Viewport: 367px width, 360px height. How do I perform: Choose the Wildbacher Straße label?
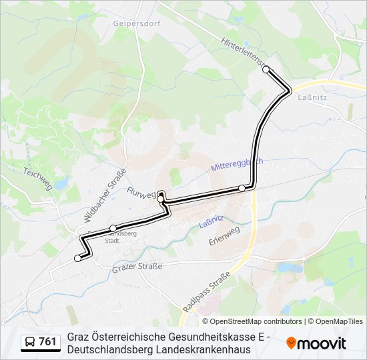coord(105,195)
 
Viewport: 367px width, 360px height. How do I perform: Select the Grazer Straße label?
coord(137,267)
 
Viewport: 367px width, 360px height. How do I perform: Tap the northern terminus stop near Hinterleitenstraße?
coord(266,69)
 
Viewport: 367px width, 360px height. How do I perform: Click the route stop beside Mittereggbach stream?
coord(242,189)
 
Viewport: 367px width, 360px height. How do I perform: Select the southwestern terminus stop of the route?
coord(77,258)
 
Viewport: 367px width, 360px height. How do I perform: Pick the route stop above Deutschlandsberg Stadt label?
coord(113,228)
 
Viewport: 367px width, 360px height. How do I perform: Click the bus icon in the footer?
coord(30,342)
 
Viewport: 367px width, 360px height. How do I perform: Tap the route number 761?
coord(47,342)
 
